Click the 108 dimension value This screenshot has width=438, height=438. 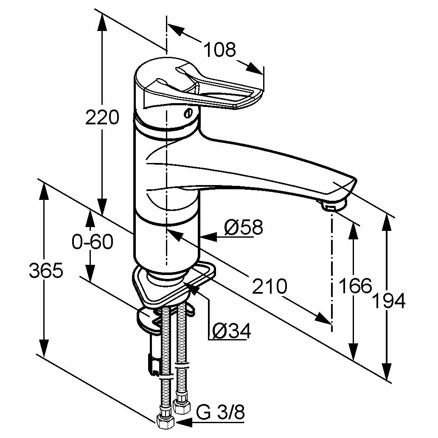tap(220, 50)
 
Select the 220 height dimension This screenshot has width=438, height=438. tap(102, 118)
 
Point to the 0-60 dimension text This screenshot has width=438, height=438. tap(93, 242)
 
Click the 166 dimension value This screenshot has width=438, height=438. tap(355, 286)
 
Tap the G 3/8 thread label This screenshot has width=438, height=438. tap(221, 413)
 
